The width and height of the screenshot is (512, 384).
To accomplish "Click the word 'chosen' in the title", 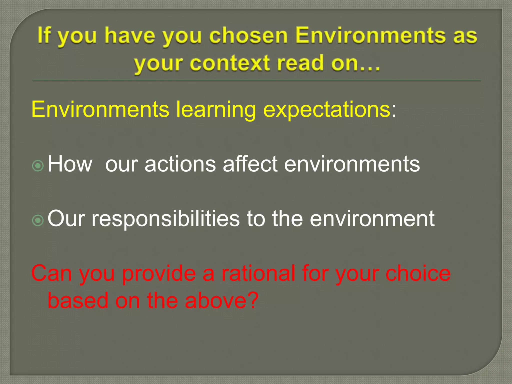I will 248,36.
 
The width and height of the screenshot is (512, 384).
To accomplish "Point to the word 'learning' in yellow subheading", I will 216,110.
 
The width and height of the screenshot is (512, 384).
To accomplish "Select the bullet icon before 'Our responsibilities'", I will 38,220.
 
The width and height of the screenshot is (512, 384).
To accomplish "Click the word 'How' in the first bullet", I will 70,164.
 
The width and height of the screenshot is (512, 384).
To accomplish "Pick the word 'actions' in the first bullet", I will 180,164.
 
